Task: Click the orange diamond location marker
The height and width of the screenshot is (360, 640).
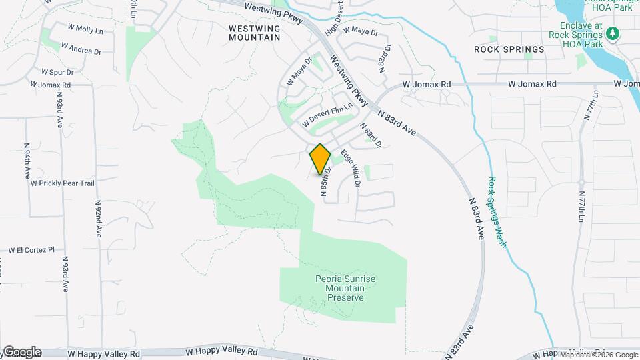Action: [320, 159]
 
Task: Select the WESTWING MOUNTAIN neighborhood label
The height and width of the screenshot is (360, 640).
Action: [254, 33]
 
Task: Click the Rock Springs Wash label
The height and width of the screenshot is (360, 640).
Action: [497, 211]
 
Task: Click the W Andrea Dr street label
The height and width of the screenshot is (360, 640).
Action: [81, 49]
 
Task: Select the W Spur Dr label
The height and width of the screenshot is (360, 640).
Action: [57, 71]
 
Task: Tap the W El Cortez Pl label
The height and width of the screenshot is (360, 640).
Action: [31, 250]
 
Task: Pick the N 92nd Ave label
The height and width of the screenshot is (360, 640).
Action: [97, 219]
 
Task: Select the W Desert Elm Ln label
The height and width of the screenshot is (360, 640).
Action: [327, 119]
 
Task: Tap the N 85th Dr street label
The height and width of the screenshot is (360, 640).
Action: [325, 182]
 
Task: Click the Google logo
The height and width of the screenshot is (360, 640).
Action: [21, 352]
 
